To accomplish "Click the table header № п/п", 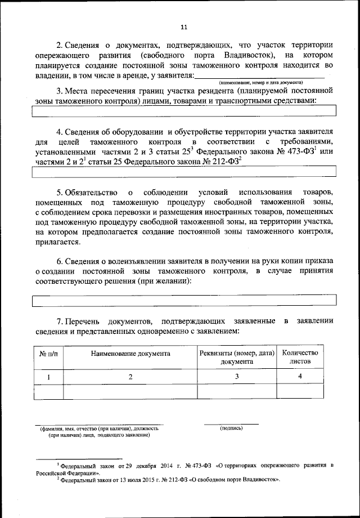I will [48, 354].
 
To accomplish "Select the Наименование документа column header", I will [130, 354].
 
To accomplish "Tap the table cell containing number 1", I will [48, 376].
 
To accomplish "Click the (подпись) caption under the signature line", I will [231, 428].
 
